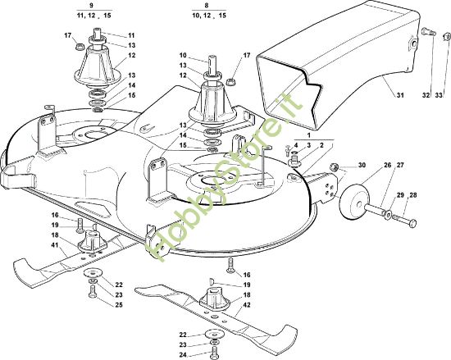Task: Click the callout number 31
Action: [x=400, y=95]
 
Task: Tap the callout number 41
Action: [x=55, y=245]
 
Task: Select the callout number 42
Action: [x=247, y=305]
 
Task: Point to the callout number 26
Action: [x=388, y=165]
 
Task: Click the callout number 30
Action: [x=362, y=165]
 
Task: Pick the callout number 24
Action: [x=183, y=355]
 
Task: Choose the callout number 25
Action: [x=119, y=304]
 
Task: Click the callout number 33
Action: [x=439, y=95]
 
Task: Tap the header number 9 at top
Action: [x=92, y=6]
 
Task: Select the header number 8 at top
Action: [x=207, y=6]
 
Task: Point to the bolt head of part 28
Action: [x=413, y=222]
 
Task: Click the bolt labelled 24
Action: [x=214, y=352]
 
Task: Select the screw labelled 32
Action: [x=428, y=32]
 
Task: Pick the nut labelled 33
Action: [x=447, y=37]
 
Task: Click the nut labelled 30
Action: [x=334, y=166]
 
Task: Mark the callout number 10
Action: [x=183, y=55]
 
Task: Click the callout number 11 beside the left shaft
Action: [x=131, y=35]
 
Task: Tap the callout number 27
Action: [x=400, y=165]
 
